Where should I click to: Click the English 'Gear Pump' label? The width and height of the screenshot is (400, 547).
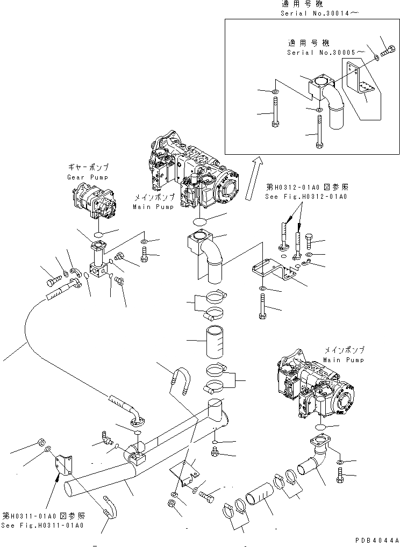(88, 177)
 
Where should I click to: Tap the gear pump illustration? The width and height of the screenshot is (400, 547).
(95, 201)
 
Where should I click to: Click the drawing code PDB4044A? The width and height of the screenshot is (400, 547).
(376, 540)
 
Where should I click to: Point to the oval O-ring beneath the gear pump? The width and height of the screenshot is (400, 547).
(98, 234)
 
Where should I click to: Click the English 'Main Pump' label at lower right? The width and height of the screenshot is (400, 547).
(344, 360)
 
